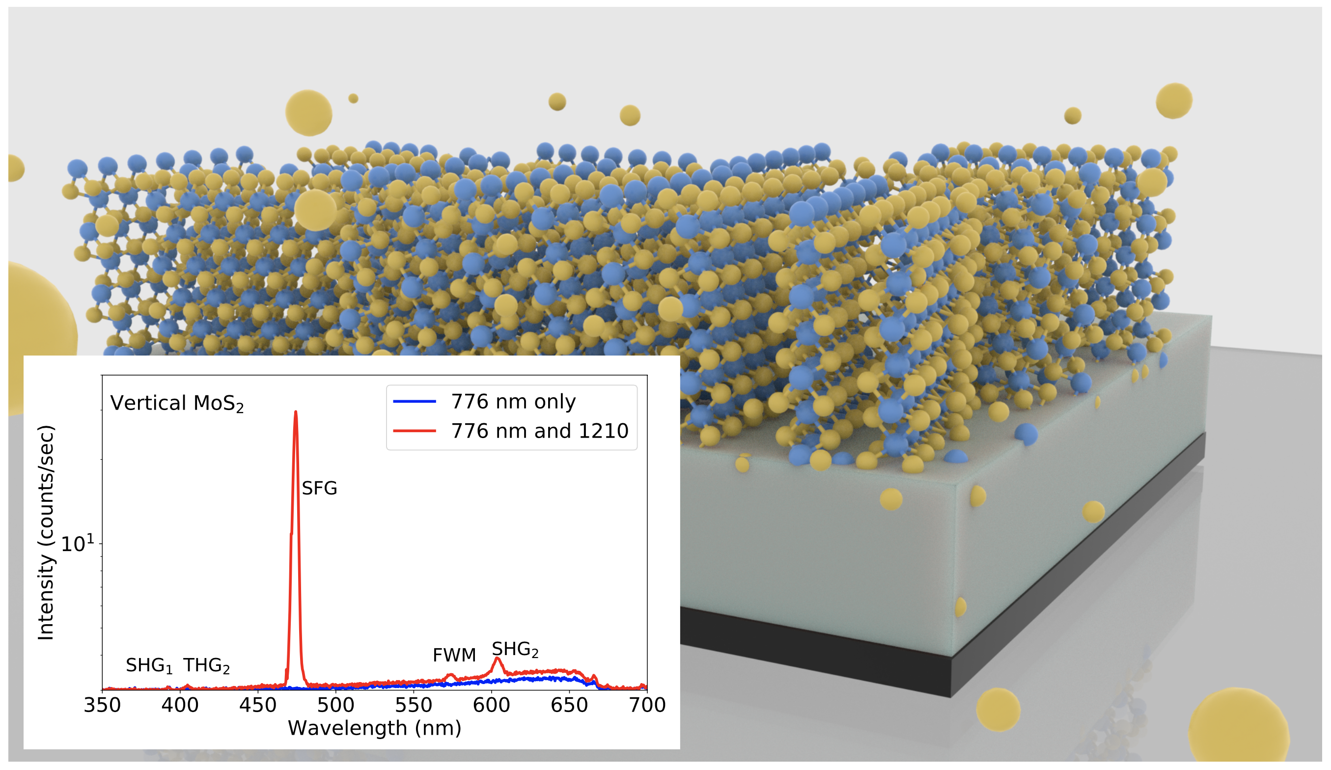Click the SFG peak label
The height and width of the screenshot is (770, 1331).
[x=319, y=489]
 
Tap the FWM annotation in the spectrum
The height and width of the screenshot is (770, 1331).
[x=454, y=656]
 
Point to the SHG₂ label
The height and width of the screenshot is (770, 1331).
[x=515, y=649]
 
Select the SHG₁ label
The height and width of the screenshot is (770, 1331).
[x=149, y=665]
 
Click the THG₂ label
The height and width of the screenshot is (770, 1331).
[x=206, y=665]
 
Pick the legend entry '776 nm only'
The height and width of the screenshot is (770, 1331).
[x=513, y=402]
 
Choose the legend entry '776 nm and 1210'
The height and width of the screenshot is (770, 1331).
[x=539, y=431]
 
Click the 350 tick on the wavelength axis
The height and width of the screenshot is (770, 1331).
[x=103, y=705]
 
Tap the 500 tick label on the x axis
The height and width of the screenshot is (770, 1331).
[x=336, y=705]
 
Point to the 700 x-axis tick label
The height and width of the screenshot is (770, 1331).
[x=647, y=705]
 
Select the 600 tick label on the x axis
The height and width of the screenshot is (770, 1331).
[x=491, y=705]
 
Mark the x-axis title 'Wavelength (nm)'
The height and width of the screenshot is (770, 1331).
[x=374, y=728]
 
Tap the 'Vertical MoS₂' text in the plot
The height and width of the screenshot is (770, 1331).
[x=177, y=404]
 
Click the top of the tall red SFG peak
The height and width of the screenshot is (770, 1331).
[x=295, y=412]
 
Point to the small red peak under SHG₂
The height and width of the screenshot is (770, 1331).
[x=497, y=659]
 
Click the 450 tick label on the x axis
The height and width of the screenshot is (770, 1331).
[x=258, y=705]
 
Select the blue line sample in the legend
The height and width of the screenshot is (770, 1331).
[x=415, y=402]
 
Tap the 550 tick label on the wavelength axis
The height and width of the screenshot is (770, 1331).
[x=414, y=705]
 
